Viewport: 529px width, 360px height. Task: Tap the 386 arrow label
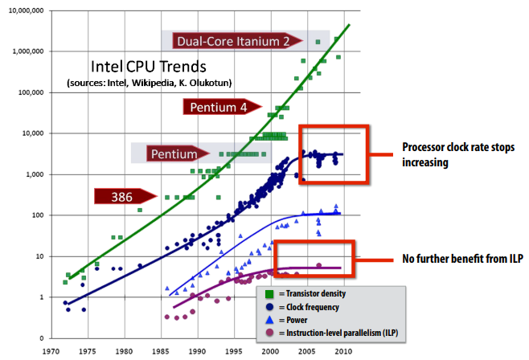[x=123, y=195]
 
